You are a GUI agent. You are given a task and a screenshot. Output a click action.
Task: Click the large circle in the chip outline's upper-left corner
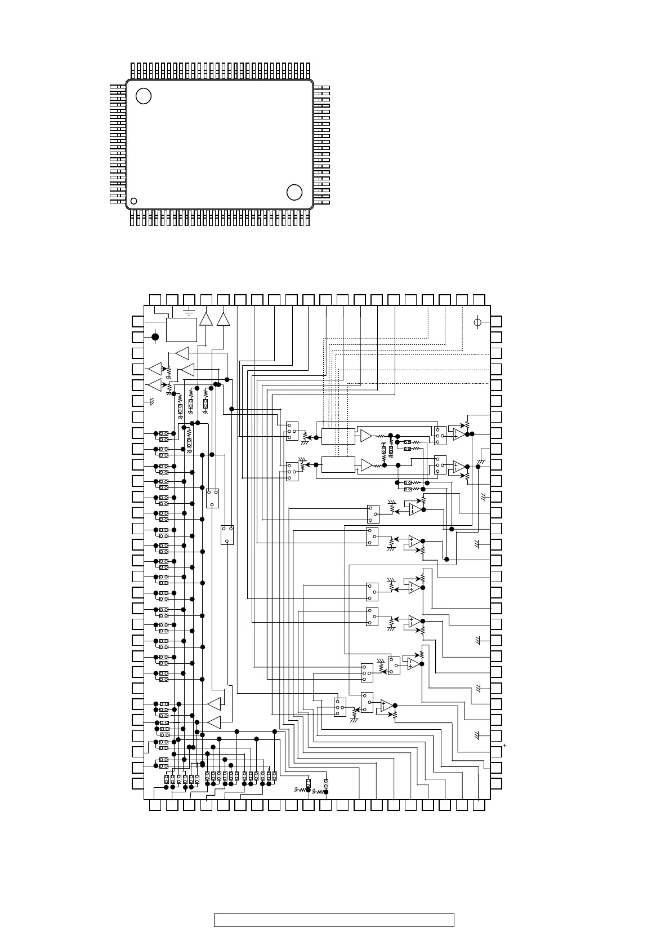(x=144, y=96)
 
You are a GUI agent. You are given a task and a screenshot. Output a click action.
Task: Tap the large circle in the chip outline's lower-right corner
(x=294, y=192)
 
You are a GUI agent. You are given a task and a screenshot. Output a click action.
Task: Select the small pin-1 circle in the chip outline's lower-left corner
(x=134, y=201)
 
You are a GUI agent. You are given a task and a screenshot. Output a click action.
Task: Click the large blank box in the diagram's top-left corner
(x=181, y=330)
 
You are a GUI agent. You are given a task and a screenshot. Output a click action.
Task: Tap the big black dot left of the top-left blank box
(x=155, y=337)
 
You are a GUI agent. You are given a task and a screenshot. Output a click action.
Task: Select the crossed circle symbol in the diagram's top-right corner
(x=477, y=322)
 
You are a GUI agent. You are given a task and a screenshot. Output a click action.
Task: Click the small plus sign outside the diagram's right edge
(x=505, y=746)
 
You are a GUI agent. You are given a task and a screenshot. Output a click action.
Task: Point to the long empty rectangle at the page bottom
(x=334, y=920)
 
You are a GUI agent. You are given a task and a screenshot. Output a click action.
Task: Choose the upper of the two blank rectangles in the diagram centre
(x=338, y=436)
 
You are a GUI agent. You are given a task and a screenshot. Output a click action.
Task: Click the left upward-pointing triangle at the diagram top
(x=206, y=319)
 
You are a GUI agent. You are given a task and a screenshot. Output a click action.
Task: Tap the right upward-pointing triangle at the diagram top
(x=224, y=319)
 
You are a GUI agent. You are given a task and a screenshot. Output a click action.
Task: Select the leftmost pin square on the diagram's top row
(x=155, y=300)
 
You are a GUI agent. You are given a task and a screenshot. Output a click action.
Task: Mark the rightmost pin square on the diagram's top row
(x=479, y=300)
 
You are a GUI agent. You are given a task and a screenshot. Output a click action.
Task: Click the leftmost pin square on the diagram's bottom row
(x=155, y=806)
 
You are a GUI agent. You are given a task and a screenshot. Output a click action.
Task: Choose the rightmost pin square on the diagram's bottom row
(x=479, y=806)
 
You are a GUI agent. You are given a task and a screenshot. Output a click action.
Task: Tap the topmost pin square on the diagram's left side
(x=138, y=321)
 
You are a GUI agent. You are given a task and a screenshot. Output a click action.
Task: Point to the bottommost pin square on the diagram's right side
(x=497, y=783)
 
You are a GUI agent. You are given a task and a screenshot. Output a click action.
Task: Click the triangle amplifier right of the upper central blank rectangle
(x=367, y=436)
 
